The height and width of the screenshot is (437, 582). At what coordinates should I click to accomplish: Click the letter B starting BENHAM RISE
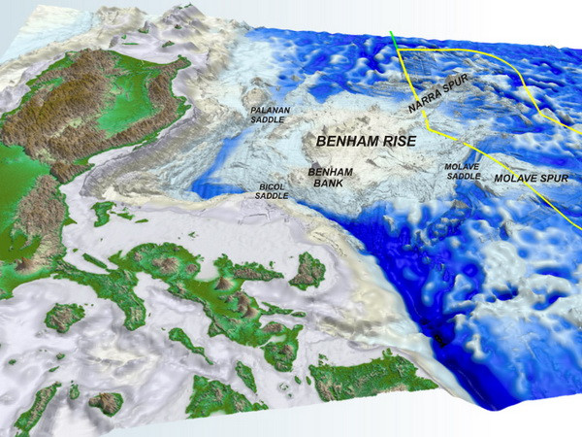coord(315,142)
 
